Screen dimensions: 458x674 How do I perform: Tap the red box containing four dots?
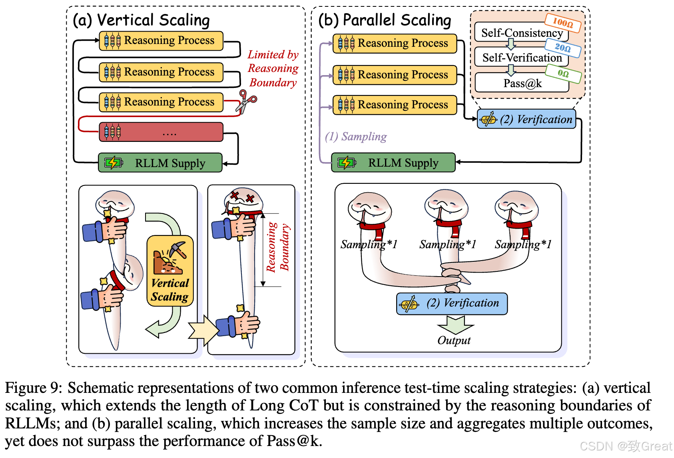(x=161, y=132)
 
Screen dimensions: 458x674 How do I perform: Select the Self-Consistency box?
(x=521, y=32)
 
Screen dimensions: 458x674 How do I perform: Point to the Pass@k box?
(x=522, y=83)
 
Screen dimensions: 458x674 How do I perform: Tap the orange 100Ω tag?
(x=563, y=22)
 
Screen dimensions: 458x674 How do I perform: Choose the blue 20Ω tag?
(x=563, y=48)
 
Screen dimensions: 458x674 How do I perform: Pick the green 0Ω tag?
(x=563, y=74)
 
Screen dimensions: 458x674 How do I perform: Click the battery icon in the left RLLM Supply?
(x=113, y=163)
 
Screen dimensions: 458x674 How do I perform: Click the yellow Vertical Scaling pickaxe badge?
(x=170, y=271)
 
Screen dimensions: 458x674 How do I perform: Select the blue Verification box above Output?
(x=452, y=304)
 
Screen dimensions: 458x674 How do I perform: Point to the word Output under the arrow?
(x=454, y=341)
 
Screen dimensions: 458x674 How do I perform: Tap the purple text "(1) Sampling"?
(x=356, y=137)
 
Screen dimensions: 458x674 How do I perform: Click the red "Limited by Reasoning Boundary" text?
(x=273, y=68)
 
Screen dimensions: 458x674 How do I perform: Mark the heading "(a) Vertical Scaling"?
(x=141, y=20)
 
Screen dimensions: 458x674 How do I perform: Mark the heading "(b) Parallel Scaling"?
(x=385, y=20)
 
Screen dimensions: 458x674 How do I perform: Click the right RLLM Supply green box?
(x=393, y=163)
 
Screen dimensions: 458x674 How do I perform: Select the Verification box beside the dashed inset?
(x=526, y=119)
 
